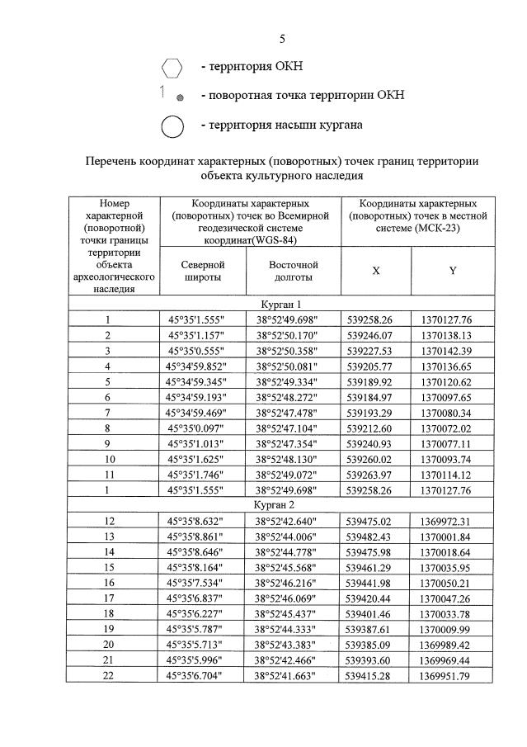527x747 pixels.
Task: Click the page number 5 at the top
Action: click(x=282, y=38)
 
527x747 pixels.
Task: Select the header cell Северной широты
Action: click(x=201, y=271)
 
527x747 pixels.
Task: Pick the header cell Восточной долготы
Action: click(x=294, y=271)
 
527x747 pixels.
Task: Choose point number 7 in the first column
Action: click(x=108, y=413)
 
